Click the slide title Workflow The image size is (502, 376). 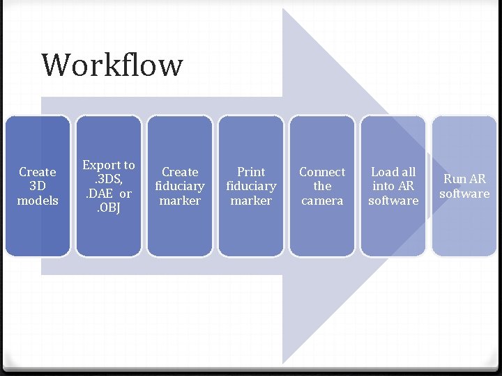point(112,65)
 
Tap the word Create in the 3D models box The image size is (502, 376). point(38,171)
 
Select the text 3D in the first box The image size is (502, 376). point(38,186)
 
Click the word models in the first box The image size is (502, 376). point(38,201)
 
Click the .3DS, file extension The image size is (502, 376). point(109,179)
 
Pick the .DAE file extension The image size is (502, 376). point(100,194)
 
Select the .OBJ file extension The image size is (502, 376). point(109,207)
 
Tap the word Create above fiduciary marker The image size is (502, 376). point(180,171)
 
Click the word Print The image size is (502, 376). point(251,171)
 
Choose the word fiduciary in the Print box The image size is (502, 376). point(251,186)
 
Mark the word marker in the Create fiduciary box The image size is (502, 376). point(180,201)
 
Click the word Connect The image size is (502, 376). point(322,171)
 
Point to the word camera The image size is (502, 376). point(322,201)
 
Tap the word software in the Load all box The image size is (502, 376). point(393,201)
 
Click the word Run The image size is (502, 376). point(454,179)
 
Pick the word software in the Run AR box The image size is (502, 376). point(464,194)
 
